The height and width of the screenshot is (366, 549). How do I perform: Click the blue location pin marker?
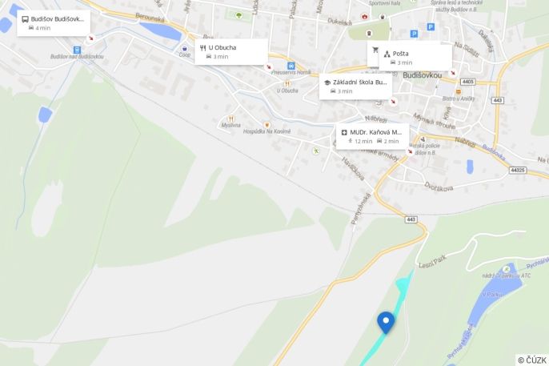point(386,321)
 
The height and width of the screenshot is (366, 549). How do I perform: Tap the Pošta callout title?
point(401,54)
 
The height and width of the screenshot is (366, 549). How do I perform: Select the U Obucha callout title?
point(222,47)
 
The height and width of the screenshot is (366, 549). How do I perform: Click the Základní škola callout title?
point(359,82)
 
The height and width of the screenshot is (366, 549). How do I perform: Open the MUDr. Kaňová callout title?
point(375,132)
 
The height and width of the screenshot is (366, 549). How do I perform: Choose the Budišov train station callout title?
point(57,18)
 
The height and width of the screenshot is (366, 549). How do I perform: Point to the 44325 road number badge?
point(518,170)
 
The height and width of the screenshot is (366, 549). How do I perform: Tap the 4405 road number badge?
point(467,82)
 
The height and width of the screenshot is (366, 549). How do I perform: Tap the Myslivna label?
point(230,125)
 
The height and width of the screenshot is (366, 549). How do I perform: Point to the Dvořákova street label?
point(440,187)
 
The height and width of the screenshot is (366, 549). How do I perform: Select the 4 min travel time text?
point(42,28)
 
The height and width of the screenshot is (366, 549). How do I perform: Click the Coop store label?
point(185,56)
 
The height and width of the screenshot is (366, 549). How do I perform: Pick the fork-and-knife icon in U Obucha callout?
point(203,47)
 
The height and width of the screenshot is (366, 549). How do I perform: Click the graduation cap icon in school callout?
point(327,82)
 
